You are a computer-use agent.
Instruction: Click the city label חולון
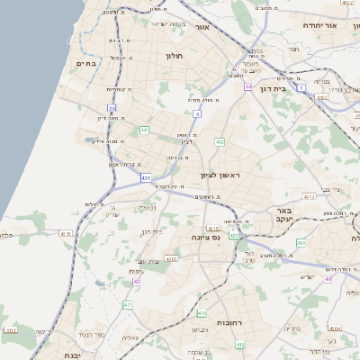tap(174, 56)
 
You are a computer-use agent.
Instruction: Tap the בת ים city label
tap(86, 63)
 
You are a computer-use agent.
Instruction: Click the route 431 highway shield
tap(146, 178)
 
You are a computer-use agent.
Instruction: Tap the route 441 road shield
tap(144, 130)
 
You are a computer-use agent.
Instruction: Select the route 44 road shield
tap(247, 87)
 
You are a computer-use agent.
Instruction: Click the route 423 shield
tap(233, 236)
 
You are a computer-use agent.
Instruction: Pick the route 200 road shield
tap(301, 243)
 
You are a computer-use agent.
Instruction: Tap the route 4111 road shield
tap(65, 234)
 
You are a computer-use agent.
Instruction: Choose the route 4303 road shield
tap(171, 259)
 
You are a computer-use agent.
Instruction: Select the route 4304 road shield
tap(334, 329)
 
